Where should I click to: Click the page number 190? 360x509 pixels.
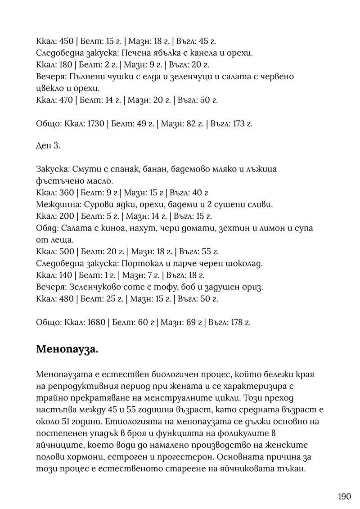(344, 497)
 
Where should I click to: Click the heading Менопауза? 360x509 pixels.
(67, 349)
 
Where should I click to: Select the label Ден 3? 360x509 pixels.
(46, 146)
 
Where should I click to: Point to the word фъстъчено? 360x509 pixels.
(56, 181)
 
